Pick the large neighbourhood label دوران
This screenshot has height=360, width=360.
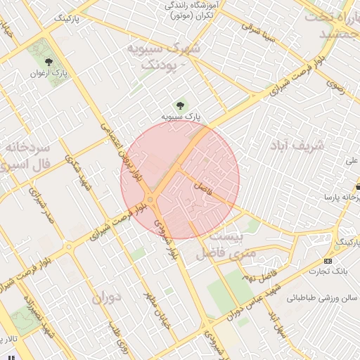[x=107, y=297]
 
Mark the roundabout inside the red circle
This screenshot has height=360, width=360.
[x=151, y=198]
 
